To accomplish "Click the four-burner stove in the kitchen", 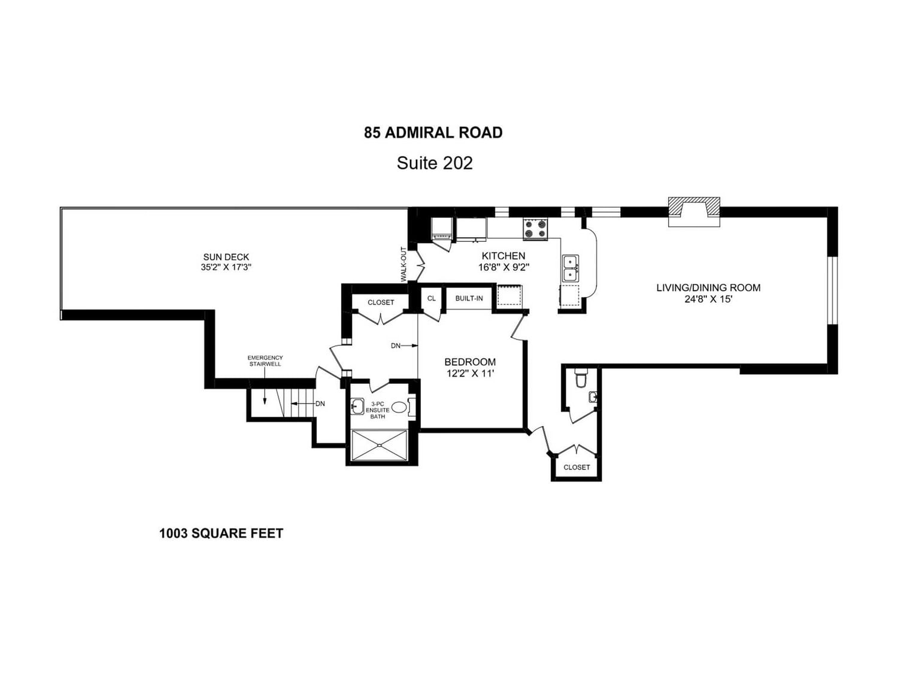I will (535, 228).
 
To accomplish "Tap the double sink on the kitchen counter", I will (570, 268).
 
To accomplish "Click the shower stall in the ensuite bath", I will (379, 445).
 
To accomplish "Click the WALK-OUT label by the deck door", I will (404, 264).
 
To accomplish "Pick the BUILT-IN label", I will (469, 298).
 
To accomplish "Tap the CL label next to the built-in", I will (432, 298).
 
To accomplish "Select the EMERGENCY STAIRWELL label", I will (265, 360).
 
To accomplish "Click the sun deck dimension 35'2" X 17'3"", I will (226, 268).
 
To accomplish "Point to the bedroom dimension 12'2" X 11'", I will (470, 374).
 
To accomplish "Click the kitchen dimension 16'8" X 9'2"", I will (503, 267).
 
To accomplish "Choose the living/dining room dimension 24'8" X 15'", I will (708, 299).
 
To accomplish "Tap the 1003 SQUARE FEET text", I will (221, 533).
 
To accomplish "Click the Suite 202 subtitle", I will (435, 163).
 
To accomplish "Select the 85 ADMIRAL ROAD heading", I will (433, 132).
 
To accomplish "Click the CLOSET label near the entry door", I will (577, 467).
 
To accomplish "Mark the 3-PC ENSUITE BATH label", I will (378, 410).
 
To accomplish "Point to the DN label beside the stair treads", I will (320, 404).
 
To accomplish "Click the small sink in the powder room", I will (592, 396).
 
